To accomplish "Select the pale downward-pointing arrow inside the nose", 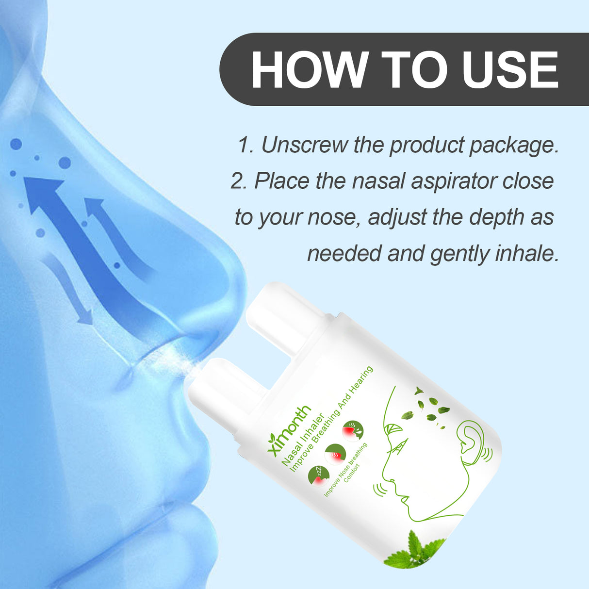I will tap(73, 291).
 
